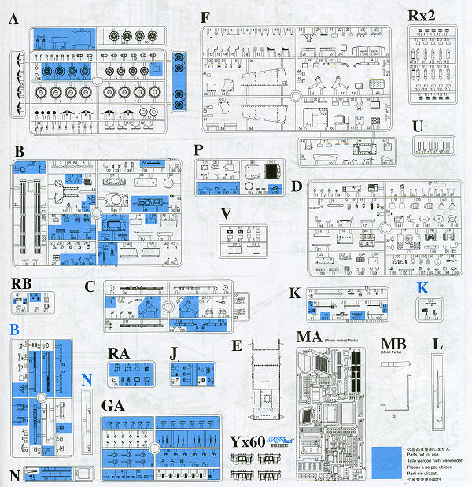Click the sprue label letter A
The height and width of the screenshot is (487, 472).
pos(14,20)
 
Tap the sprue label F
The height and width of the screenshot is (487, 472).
pos(207,17)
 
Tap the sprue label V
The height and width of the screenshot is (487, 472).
pos(227,213)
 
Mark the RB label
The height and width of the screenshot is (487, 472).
pos(22,283)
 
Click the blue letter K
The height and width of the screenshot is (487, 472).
pos(424,288)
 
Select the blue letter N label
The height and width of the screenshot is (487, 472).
pos(87,379)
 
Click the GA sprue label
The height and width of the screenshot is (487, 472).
pos(116,406)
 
